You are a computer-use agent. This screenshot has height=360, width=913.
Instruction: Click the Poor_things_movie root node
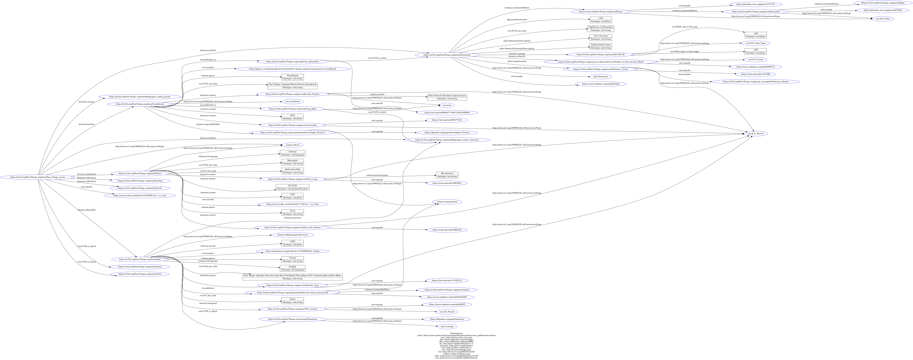(x=38, y=177)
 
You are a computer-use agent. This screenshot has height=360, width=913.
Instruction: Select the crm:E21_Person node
(x=755, y=134)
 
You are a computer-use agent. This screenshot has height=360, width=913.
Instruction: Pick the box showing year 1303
(x=600, y=20)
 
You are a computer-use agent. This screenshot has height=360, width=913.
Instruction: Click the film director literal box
(x=447, y=175)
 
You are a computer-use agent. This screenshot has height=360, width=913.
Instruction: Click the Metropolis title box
(x=292, y=162)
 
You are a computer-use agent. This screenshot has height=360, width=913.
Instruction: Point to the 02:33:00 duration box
(x=292, y=187)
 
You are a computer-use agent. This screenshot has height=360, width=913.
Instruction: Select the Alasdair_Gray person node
(x=292, y=285)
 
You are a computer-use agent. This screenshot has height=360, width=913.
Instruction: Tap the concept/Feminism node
(x=292, y=319)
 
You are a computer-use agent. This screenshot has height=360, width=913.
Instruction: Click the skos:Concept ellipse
(x=447, y=326)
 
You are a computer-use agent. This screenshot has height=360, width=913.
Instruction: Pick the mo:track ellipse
(x=447, y=105)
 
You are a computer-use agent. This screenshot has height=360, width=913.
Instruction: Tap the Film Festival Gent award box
(x=447, y=97)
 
